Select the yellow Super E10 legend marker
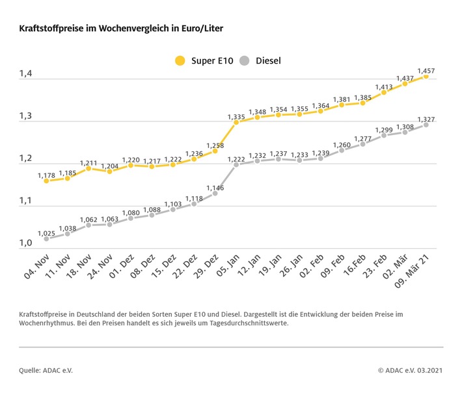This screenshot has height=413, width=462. point(180,61)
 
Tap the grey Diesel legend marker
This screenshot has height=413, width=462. point(244,61)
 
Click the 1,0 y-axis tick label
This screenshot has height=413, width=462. point(25,243)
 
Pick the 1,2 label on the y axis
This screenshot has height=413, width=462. point(25,159)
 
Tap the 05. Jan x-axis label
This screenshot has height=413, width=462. point(228,268)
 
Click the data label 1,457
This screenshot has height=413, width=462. point(427,70)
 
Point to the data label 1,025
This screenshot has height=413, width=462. point(46,233)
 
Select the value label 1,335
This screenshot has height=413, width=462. point(236,117)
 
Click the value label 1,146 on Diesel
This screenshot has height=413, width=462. point(215,188)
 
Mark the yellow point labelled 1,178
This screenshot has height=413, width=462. point(46,181)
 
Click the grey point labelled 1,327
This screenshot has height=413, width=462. point(426,124)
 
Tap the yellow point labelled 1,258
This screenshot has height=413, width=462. point(215,151)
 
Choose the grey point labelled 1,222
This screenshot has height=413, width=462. point(236,164)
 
